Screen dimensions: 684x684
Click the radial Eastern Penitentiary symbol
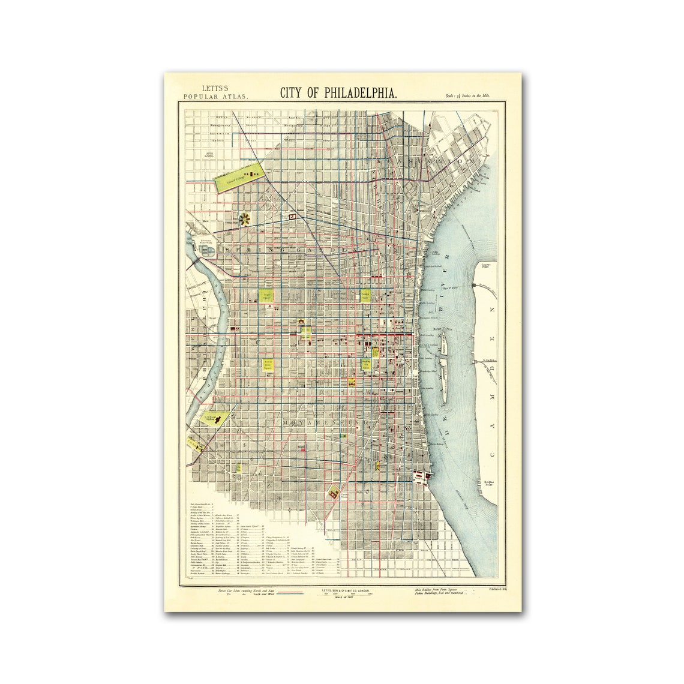pos(245,219)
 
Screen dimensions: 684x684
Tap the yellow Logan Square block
pos(266,296)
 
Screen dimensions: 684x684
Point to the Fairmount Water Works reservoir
pos(203,248)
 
